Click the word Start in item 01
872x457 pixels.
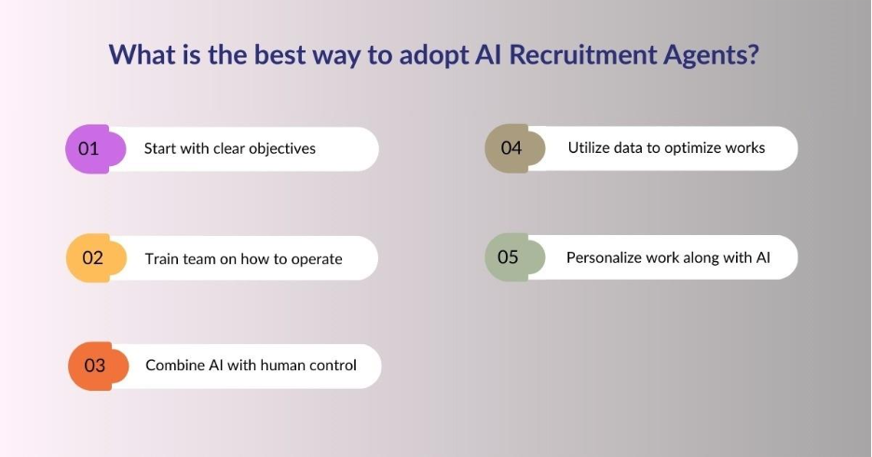coord(160,148)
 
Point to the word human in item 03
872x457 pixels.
coord(279,366)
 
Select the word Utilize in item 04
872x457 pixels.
coord(591,148)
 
